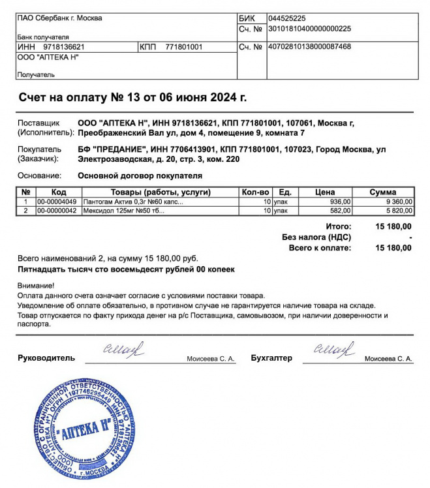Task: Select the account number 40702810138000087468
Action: click(309, 47)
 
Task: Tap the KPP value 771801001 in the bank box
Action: click(184, 47)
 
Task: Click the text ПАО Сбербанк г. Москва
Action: click(60, 18)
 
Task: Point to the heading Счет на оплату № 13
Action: click(132, 98)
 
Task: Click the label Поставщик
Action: click(38, 123)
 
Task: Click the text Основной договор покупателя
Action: click(140, 175)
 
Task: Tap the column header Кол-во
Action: click(255, 192)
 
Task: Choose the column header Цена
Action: click(324, 192)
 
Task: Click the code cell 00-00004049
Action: click(57, 202)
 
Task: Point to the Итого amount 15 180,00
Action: click(393, 226)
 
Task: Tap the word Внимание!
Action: click(36, 285)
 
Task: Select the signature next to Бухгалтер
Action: click(334, 350)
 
